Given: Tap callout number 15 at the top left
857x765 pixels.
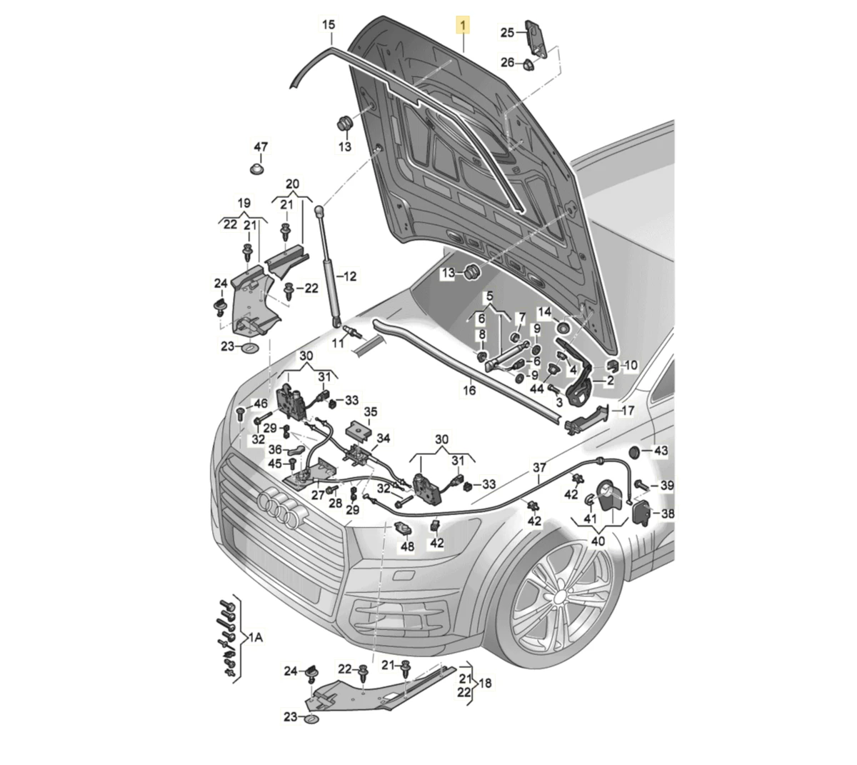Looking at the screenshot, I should coord(328,26).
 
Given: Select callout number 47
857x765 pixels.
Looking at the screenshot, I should coord(261,147).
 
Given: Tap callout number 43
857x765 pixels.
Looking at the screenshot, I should coord(661,451).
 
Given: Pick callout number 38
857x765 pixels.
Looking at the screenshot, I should coord(668,513).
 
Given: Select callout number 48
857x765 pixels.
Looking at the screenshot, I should coord(407,546).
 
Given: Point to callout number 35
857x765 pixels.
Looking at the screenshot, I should coord(371,412).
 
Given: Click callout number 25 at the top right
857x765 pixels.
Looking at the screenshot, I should coord(507,32).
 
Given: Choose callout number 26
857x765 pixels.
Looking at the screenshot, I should coord(507,63).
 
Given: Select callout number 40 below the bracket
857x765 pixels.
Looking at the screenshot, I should coord(598,541).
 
